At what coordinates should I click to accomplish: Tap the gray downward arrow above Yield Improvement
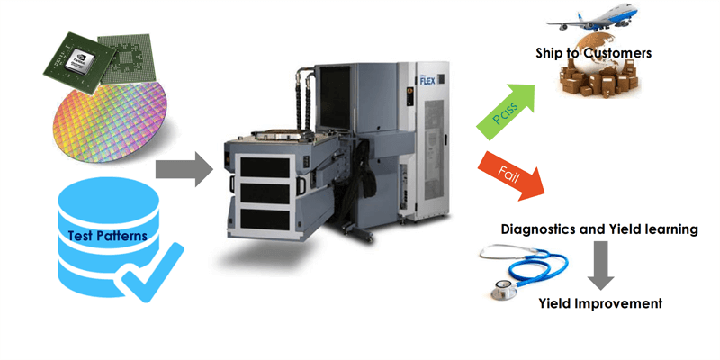pyautogui.click(x=599, y=266)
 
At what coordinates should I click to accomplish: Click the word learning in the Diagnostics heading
pyautogui.click(x=667, y=229)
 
